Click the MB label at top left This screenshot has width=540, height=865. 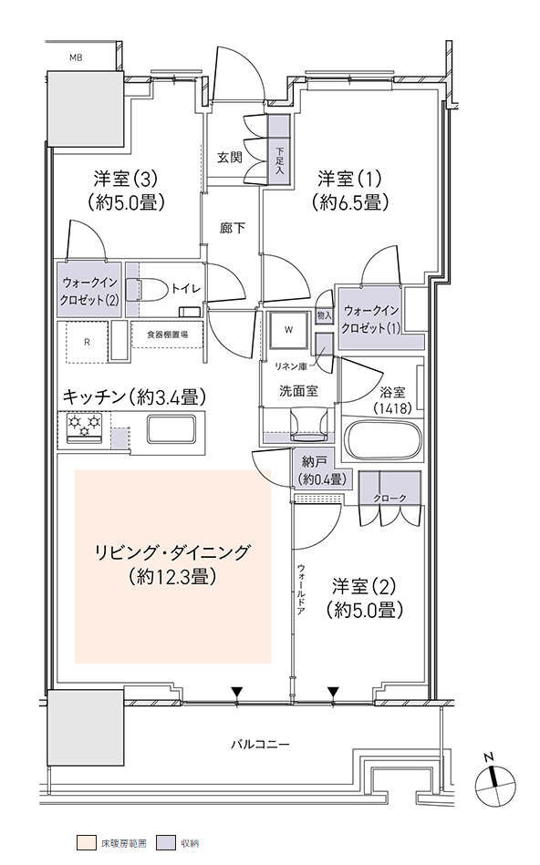coord(76,57)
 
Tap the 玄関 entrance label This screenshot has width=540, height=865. coord(229,157)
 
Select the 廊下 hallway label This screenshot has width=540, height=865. coord(233,227)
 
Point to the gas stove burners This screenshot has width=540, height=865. coord(85,427)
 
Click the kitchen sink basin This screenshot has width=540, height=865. coord(171,428)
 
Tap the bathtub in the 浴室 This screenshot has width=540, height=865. coord(382,440)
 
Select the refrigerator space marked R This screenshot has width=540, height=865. coord(87,342)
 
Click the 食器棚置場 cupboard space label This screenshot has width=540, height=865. coord(167,335)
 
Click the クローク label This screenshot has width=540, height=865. coord(389,499)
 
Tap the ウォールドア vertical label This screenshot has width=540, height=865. coord(301,589)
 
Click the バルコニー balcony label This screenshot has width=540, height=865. coord(259,744)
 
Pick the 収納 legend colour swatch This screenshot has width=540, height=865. coord(163,843)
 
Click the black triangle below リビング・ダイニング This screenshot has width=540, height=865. coord(237,691)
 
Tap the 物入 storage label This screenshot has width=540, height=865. coord(325,315)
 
